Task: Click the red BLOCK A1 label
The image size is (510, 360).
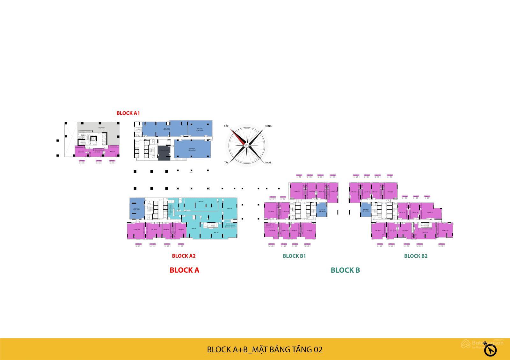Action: [128, 113]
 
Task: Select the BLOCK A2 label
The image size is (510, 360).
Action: [184, 256]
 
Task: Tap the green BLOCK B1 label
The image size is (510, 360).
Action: [294, 256]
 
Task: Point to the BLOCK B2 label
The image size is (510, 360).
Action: [416, 256]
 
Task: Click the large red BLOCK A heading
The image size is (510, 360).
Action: [184, 270]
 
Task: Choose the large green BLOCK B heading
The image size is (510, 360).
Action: [345, 270]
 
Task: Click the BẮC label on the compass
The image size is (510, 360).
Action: [226, 126]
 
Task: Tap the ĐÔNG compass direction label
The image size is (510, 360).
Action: [268, 126]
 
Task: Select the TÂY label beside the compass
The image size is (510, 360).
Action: [226, 163]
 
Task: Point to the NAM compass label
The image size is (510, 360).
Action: [268, 163]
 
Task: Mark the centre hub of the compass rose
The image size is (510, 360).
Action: [247, 145]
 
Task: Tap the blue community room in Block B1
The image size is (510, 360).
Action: [321, 210]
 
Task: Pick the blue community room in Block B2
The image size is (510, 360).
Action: [366, 210]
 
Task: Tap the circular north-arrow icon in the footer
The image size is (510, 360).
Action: [491, 350]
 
